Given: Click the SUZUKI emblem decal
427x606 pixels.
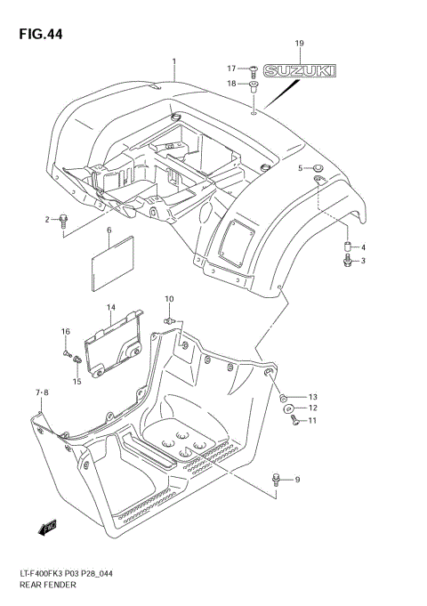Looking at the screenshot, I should [301, 71].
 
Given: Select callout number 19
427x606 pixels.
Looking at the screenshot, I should [299, 44].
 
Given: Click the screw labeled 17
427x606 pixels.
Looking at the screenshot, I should [254, 68].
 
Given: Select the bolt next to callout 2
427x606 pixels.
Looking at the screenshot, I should [63, 221].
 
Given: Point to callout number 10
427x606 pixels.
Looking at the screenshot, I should [169, 298].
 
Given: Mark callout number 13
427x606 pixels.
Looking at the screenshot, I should [311, 396].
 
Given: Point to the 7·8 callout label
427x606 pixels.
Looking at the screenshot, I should [43, 392].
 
